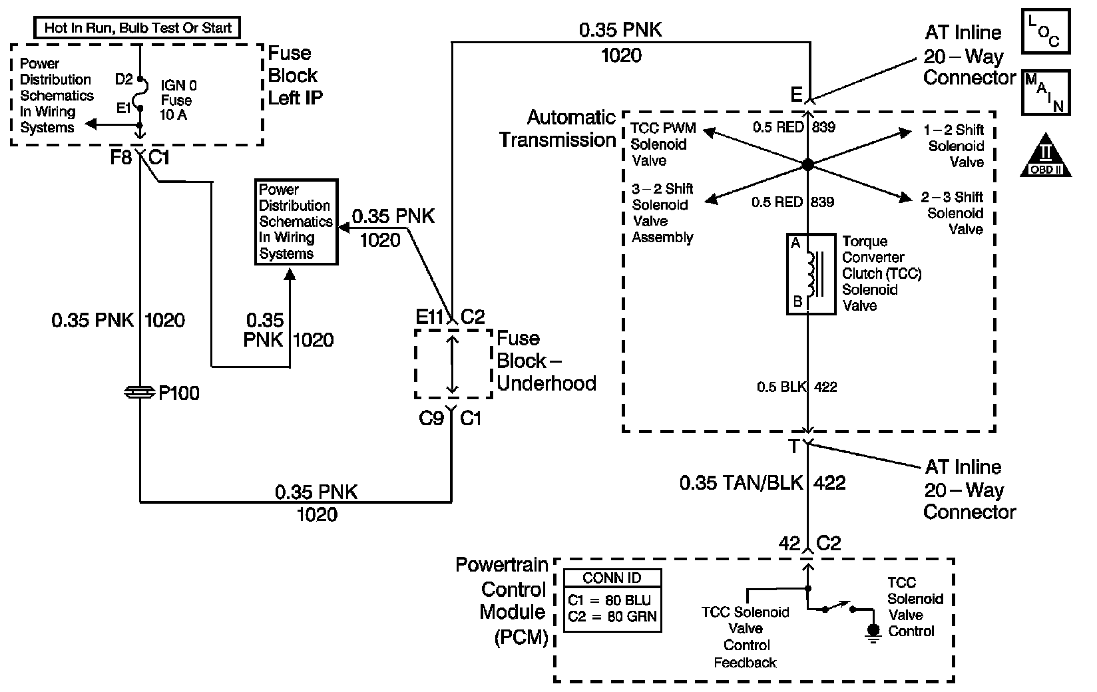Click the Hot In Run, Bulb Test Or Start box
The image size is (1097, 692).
pyautogui.click(x=136, y=28)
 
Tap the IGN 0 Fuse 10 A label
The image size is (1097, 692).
pyautogui.click(x=178, y=100)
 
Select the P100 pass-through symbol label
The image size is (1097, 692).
pyautogui.click(x=178, y=393)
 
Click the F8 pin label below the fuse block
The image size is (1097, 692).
pyautogui.click(x=120, y=159)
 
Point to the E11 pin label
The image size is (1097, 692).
pyautogui.click(x=429, y=318)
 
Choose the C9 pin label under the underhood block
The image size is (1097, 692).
pyautogui.click(x=431, y=419)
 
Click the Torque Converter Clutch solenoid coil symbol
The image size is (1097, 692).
pyautogui.click(x=811, y=273)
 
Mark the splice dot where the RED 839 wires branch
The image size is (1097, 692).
pyautogui.click(x=807, y=164)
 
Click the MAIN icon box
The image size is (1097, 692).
pyautogui.click(x=1045, y=92)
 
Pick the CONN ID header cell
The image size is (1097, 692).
pyautogui.click(x=612, y=578)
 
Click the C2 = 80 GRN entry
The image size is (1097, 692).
pyautogui.click(x=612, y=617)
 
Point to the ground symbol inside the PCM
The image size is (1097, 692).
pyautogui.click(x=873, y=631)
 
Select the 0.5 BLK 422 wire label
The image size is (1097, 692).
pyautogui.click(x=797, y=387)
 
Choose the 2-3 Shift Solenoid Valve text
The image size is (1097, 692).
pyautogui.click(x=955, y=213)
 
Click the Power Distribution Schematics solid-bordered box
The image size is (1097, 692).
pyautogui.click(x=296, y=222)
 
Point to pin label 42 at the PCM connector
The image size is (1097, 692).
pyautogui.click(x=789, y=544)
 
